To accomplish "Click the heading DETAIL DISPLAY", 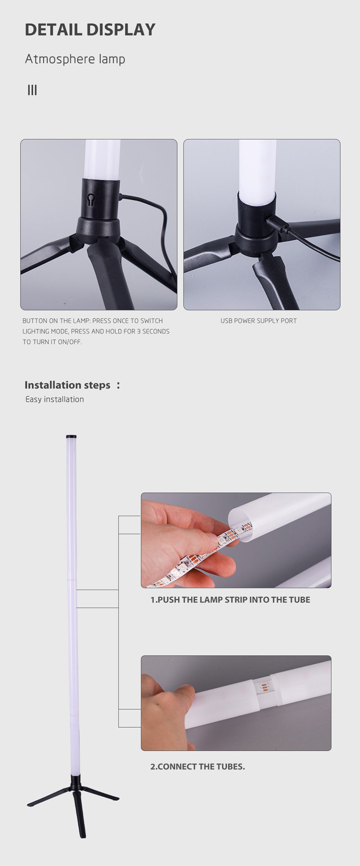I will click(90, 30).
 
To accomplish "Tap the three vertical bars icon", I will click(32, 90).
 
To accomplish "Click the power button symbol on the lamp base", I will click(91, 200).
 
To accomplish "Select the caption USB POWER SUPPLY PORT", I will click(259, 321).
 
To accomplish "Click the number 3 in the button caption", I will click(138, 331).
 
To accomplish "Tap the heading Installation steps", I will click(68, 385).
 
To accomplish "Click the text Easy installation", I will click(54, 399).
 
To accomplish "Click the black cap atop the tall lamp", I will click(71, 436).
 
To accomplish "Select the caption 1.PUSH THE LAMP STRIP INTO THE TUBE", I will click(230, 600).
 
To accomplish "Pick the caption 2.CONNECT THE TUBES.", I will click(197, 766).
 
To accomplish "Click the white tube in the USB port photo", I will click(257, 168).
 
